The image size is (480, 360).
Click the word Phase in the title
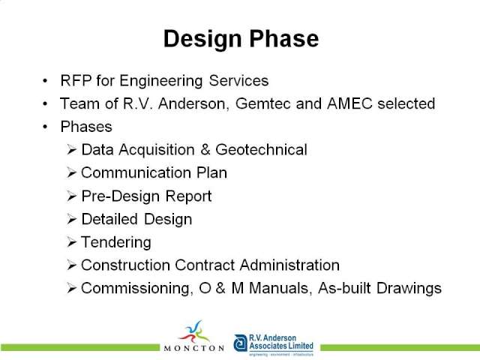(283, 38)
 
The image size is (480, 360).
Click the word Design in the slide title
(202, 40)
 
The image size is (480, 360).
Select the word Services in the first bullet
(238, 81)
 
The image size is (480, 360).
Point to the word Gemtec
(262, 103)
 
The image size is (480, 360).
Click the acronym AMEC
(349, 103)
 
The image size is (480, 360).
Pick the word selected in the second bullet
(406, 103)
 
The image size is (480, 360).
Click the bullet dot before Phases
(45, 127)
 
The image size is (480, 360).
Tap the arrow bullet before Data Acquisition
(71, 150)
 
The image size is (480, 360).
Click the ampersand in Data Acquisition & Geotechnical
(205, 150)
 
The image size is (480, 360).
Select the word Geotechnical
(261, 150)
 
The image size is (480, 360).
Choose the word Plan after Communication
(211, 172)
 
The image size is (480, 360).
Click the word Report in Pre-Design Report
(188, 196)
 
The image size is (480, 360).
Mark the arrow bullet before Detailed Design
(71, 219)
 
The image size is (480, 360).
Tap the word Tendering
(116, 243)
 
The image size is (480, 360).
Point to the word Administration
(289, 265)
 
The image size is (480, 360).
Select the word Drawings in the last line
(409, 289)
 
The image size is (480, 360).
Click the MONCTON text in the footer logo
(194, 348)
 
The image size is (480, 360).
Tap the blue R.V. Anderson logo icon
(241, 343)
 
